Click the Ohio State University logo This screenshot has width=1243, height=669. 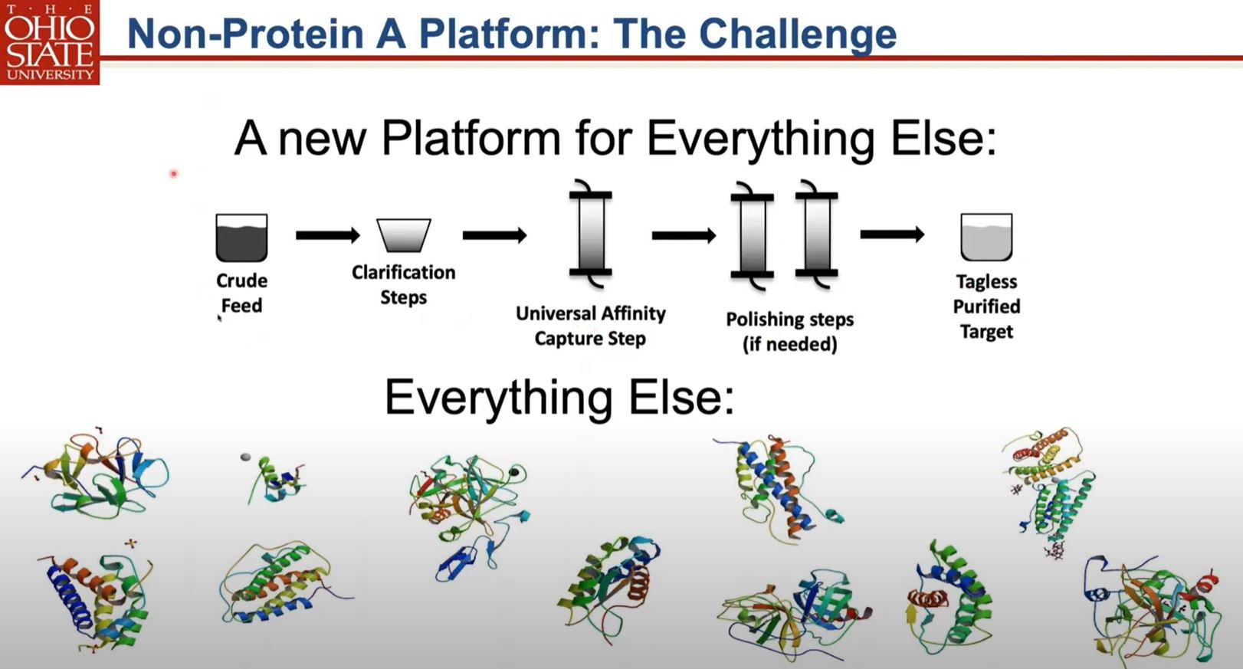click(50, 42)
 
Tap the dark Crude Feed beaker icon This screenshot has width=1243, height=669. click(241, 238)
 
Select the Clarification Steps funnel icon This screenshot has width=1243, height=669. click(403, 235)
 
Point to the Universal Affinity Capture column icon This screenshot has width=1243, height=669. click(590, 233)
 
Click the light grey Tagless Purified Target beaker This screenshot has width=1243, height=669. click(986, 238)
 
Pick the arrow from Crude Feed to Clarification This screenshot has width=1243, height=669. click(327, 235)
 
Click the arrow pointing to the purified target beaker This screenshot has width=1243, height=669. click(891, 234)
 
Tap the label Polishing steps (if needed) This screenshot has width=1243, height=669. click(790, 331)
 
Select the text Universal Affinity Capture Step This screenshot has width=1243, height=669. click(590, 326)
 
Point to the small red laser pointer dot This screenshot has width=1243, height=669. click(174, 174)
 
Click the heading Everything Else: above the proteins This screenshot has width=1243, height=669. click(559, 398)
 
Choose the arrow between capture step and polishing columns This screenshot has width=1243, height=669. click(683, 235)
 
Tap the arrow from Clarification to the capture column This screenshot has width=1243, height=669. click(494, 235)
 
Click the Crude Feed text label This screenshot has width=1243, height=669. click(241, 293)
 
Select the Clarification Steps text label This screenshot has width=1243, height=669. click(403, 284)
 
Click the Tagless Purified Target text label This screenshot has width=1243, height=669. click(986, 307)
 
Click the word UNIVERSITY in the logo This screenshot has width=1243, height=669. click(50, 74)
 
